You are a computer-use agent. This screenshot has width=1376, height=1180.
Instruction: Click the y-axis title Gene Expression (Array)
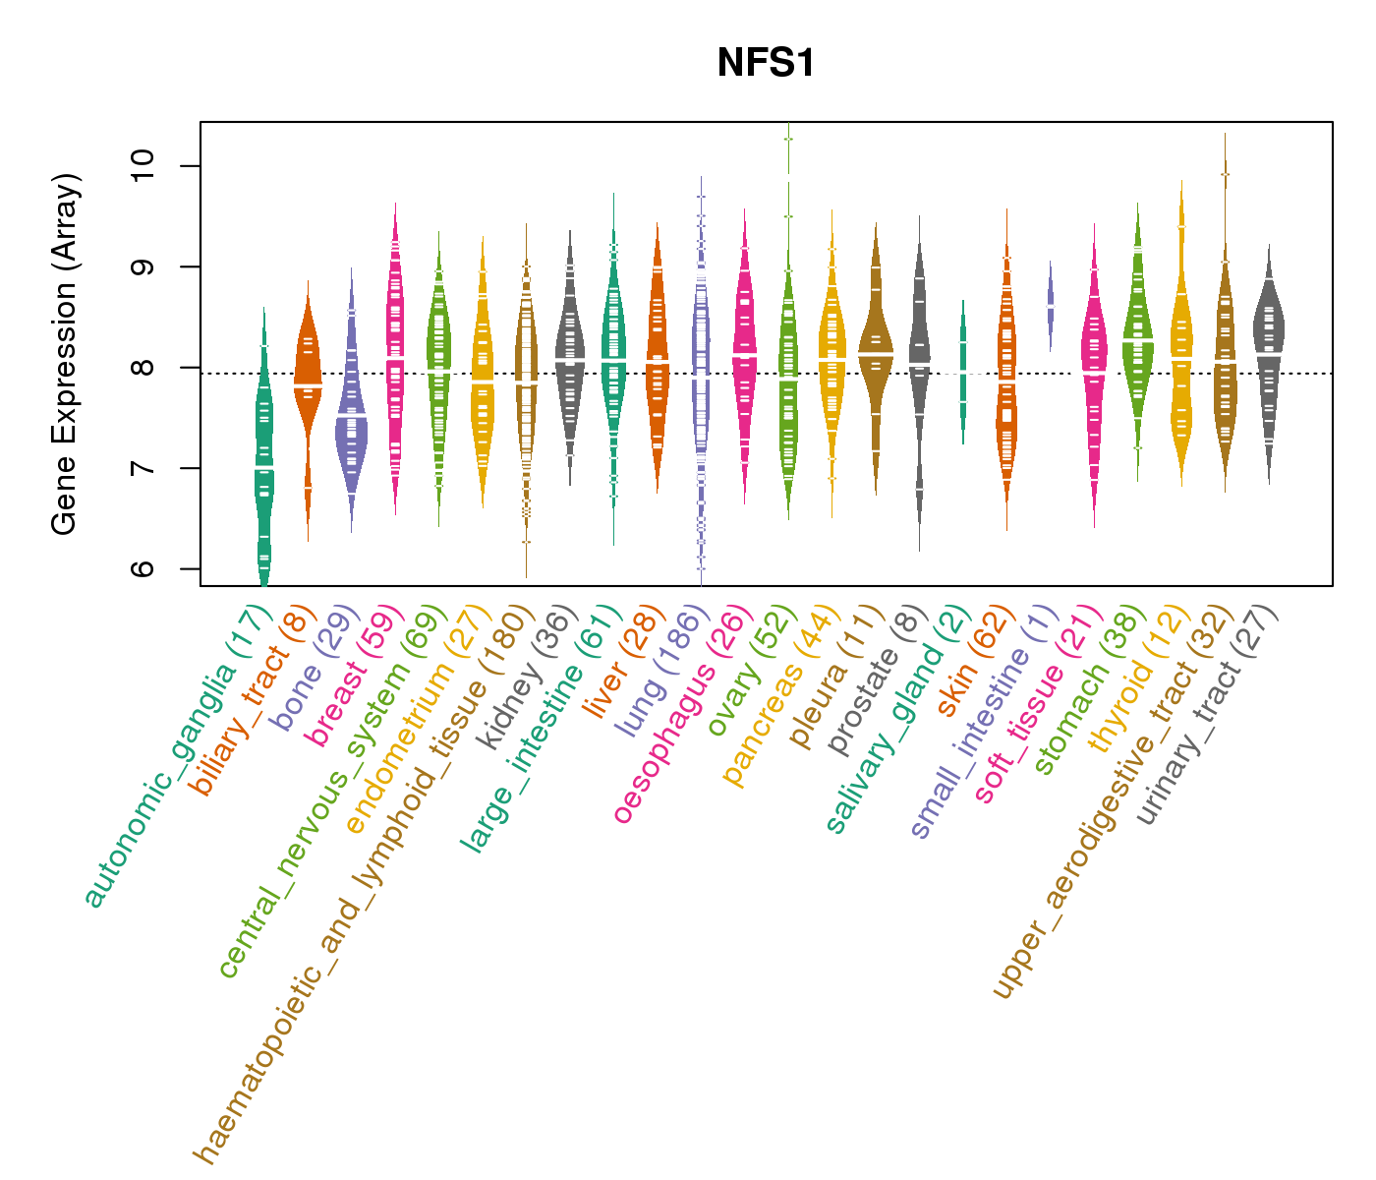point(65,354)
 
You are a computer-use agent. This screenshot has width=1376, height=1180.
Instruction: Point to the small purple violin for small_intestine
point(1051,305)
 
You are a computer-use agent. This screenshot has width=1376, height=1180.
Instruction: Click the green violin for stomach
point(1138,344)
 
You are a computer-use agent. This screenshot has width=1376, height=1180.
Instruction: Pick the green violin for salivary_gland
point(963,374)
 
